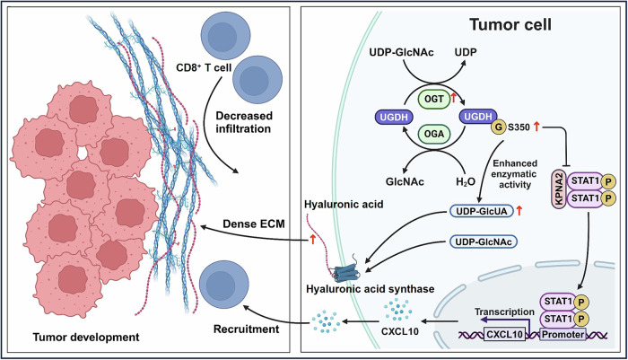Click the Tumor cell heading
[x=510, y=25]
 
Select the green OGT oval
[x=434, y=99]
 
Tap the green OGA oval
[x=434, y=133]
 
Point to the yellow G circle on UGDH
[x=499, y=127]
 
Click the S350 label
[x=519, y=127]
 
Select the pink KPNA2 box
[x=559, y=189]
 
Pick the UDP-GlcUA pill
[x=482, y=211]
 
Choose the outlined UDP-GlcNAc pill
[x=484, y=241]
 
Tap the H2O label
[x=466, y=182]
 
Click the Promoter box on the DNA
[x=563, y=334]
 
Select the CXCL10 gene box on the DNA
[x=504, y=334]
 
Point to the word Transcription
[x=504, y=312]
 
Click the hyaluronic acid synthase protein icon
[x=347, y=272]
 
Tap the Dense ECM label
[x=254, y=224]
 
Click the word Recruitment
[x=246, y=329]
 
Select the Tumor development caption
[x=86, y=338]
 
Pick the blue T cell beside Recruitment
[x=223, y=285]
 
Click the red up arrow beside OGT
[x=454, y=97]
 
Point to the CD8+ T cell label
[x=204, y=67]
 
